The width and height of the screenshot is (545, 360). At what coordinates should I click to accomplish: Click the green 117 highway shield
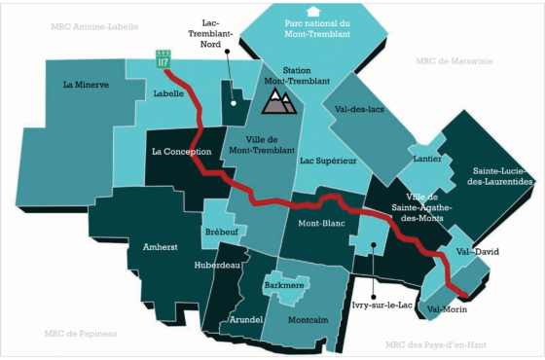click(163, 59)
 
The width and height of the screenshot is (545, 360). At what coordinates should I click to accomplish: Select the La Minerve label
click(87, 85)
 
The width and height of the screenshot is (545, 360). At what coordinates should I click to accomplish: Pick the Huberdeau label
click(216, 265)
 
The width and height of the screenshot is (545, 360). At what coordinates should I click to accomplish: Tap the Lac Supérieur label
click(329, 160)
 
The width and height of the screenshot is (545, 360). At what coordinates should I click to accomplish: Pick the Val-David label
click(478, 251)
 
